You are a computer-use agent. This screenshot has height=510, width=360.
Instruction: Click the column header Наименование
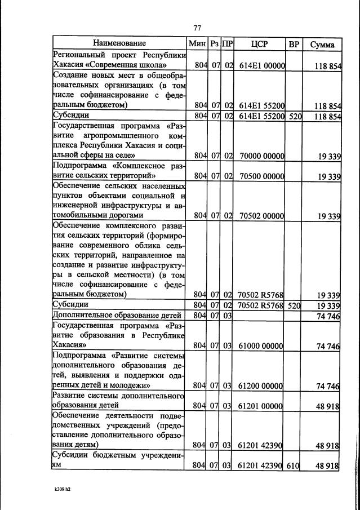tap(119, 43)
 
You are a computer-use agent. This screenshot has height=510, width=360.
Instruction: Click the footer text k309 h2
tap(62, 489)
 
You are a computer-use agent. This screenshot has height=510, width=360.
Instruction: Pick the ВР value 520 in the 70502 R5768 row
tap(294, 305)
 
